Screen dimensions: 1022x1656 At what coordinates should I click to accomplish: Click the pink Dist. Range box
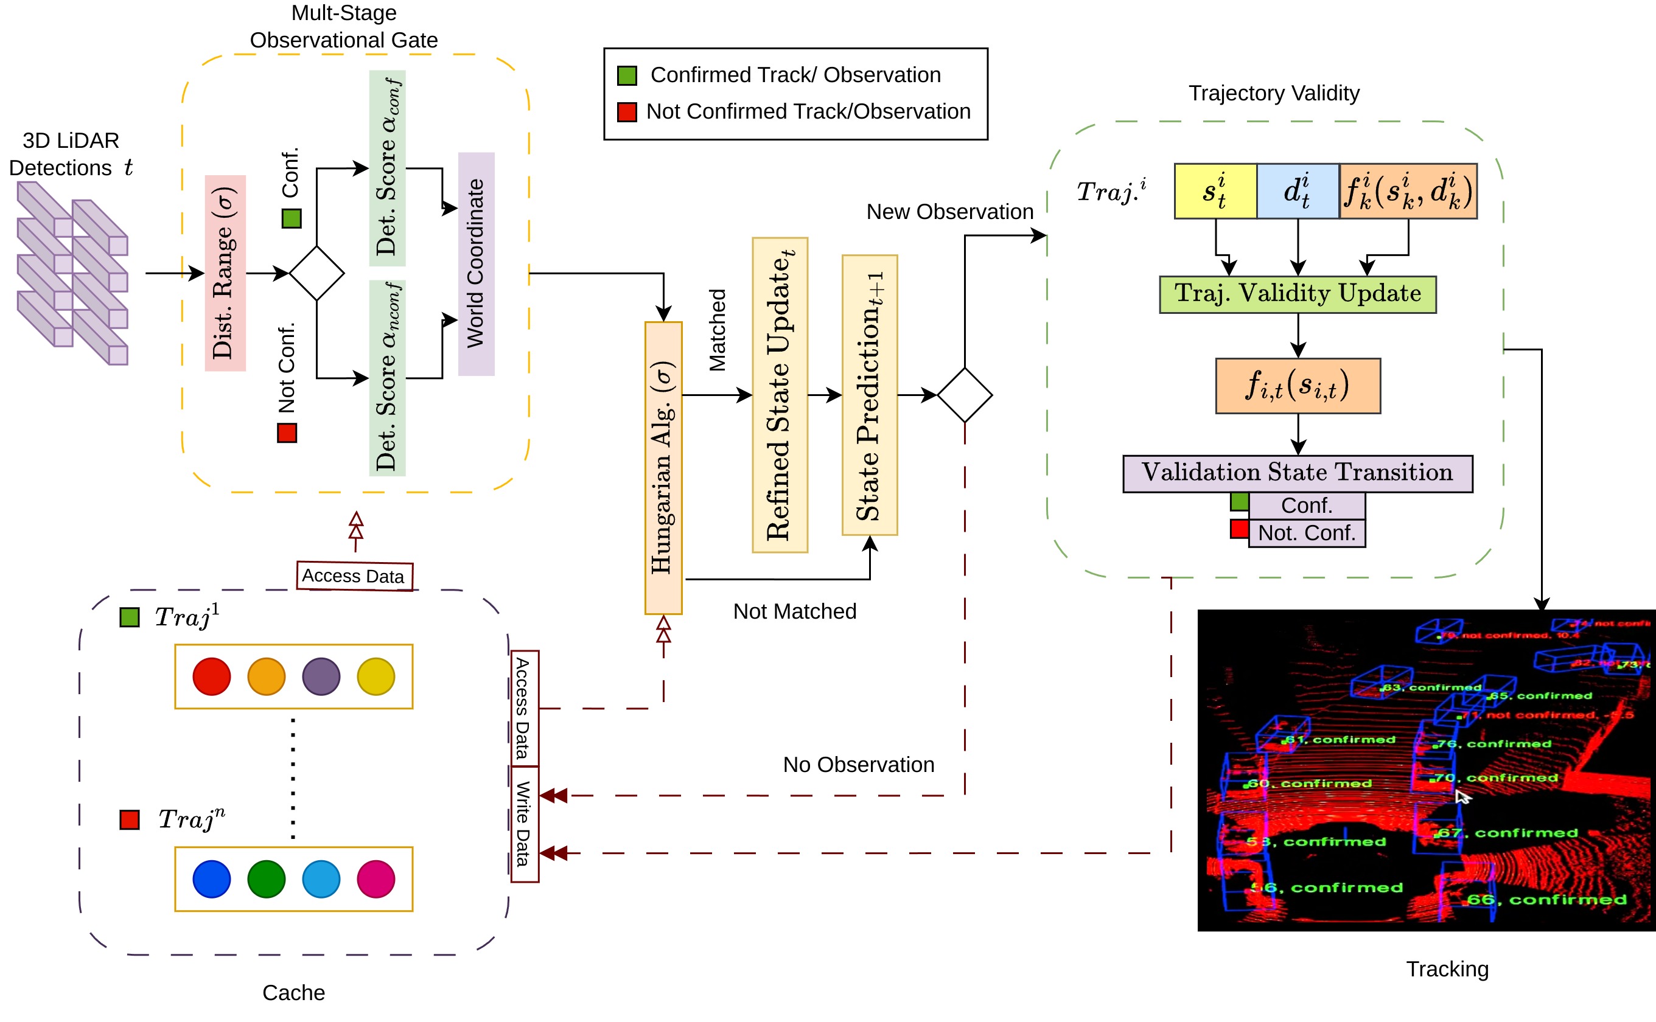tap(225, 273)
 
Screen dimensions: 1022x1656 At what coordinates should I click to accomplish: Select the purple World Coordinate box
tap(476, 263)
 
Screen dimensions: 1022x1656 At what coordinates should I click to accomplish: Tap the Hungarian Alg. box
tap(663, 468)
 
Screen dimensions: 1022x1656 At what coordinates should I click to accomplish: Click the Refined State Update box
tap(780, 395)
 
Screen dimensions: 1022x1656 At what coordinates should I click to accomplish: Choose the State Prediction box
tap(869, 395)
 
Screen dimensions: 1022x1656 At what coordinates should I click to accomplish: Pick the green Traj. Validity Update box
tap(1297, 294)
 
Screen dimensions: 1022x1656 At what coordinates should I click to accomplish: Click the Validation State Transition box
tap(1297, 473)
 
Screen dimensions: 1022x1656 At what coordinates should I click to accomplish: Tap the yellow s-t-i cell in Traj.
tap(1215, 190)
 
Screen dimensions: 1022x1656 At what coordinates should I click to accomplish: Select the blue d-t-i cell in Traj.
tap(1297, 190)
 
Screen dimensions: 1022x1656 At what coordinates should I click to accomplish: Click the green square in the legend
tap(627, 75)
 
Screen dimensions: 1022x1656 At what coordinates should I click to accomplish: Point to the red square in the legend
tap(627, 111)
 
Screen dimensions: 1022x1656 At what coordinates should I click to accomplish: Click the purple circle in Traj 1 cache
tap(321, 676)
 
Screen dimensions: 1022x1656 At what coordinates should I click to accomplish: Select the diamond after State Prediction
tap(964, 395)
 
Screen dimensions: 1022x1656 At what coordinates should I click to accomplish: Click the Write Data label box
tap(524, 824)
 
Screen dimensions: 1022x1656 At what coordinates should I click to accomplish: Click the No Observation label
tap(858, 765)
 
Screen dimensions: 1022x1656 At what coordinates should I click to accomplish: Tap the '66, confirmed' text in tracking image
tap(1546, 899)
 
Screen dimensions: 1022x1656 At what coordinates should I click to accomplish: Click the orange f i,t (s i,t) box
tap(1297, 385)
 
